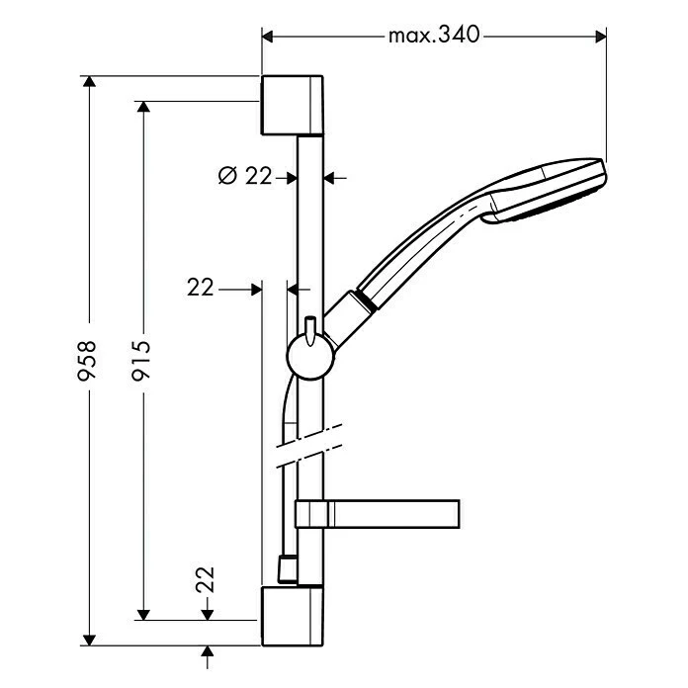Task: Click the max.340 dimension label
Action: [433, 36]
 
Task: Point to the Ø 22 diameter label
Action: [244, 177]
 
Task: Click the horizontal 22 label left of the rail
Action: [201, 287]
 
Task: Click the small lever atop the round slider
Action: [310, 328]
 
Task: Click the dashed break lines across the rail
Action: [309, 447]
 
